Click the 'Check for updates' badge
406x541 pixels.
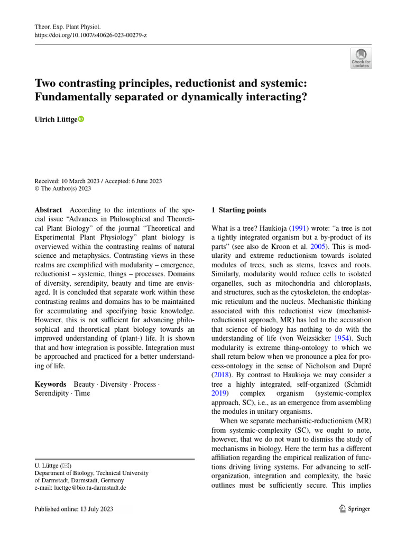pos(361,58)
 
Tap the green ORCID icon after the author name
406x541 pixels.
pos(81,119)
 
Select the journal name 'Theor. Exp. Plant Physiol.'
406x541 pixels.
pos(67,26)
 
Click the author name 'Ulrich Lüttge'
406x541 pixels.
pos(56,120)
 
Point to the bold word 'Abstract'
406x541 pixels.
pos(48,210)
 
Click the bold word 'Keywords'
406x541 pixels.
pos(50,384)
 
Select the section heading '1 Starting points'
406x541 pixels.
pos(239,210)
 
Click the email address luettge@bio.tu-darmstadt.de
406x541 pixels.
pos(80,488)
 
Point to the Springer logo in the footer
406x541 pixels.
pos(355,509)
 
